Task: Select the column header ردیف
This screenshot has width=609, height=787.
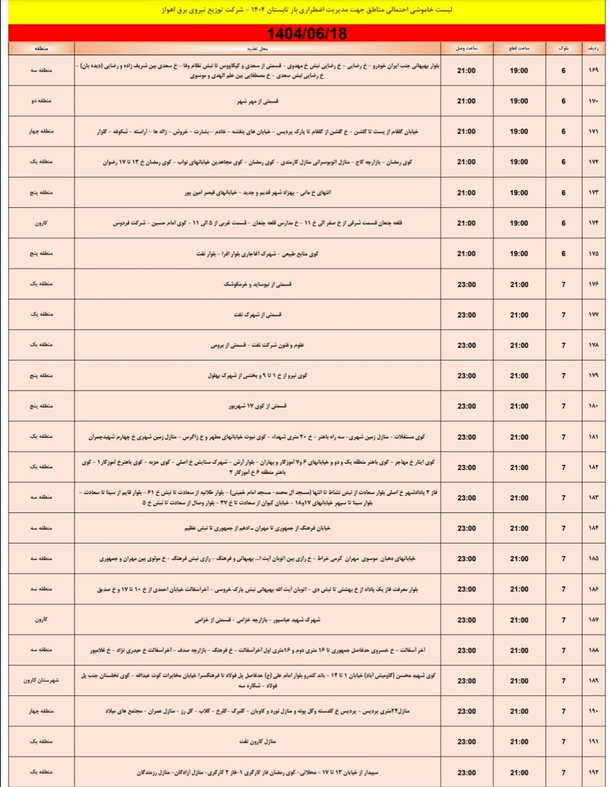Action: click(x=594, y=48)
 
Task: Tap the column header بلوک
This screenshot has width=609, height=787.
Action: click(x=564, y=48)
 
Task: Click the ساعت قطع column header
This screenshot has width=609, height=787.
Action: click(x=519, y=48)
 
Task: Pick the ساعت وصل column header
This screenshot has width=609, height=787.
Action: click(x=467, y=48)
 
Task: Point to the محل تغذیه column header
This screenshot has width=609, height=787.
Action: click(x=257, y=48)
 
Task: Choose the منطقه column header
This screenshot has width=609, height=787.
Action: click(x=41, y=48)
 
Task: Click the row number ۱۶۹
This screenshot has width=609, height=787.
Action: click(x=594, y=71)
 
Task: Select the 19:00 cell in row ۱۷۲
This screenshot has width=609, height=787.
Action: click(x=519, y=162)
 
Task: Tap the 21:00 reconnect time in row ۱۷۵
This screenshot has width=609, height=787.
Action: click(x=467, y=253)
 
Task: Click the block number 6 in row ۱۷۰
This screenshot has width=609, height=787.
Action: click(x=564, y=101)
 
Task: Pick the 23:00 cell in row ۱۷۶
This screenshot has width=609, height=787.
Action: click(x=467, y=284)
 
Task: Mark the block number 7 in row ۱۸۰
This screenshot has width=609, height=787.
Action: click(x=564, y=406)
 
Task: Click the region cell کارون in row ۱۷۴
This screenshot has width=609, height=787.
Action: click(x=41, y=223)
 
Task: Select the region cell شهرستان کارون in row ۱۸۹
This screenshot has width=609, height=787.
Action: click(x=41, y=681)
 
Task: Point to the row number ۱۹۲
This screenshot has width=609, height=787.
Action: click(x=594, y=772)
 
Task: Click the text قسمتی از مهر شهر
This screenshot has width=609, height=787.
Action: click(x=257, y=101)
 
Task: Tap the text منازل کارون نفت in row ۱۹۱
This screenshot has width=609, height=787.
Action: click(x=257, y=742)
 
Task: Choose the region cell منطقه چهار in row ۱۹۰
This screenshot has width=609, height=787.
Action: click(x=41, y=711)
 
